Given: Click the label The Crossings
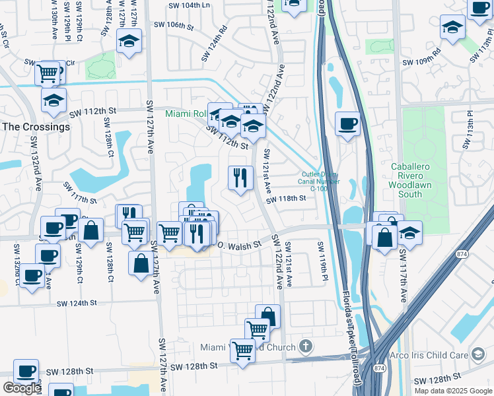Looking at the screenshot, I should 36,127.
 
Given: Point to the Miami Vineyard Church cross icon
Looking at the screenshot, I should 305,346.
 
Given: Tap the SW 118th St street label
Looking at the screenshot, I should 286,198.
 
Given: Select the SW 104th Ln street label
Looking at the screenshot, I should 190,5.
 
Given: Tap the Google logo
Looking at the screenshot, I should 22,388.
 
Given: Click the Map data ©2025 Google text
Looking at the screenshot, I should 453,390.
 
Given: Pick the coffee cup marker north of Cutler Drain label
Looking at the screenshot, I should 347,124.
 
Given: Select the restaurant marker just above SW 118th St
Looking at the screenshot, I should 240,178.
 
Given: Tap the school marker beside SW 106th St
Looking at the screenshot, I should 129,41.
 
